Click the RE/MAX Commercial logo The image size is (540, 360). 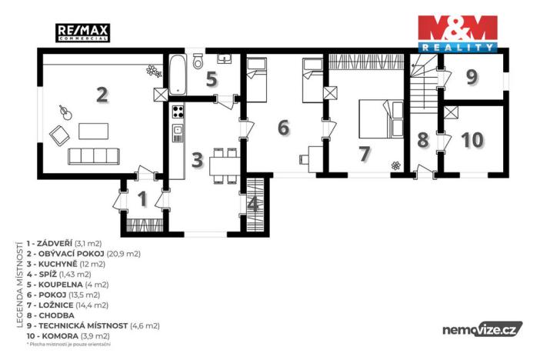point(83,32)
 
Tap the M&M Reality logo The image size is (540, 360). point(457,33)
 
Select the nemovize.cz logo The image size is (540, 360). point(482,329)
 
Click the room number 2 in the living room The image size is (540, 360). point(102,95)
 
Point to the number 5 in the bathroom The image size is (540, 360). point(211,78)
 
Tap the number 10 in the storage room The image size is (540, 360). point(473,140)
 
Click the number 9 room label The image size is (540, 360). point(472,77)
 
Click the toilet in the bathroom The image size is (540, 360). point(198,61)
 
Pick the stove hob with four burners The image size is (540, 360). point(178,112)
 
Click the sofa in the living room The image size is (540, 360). point(93,156)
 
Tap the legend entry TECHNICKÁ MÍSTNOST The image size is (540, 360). point(92,325)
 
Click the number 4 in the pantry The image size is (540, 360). point(254,205)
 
